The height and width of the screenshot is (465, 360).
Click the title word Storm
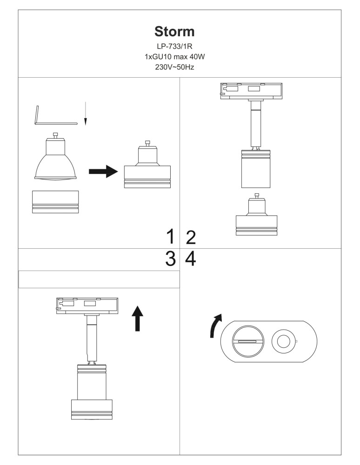(x=174, y=32)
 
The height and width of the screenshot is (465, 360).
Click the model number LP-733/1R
(x=175, y=46)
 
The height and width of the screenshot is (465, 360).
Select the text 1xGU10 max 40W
(x=175, y=57)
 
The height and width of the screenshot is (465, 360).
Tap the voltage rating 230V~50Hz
(x=175, y=67)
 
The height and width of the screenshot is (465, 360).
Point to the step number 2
(x=191, y=237)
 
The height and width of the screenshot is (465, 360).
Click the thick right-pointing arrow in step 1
(x=103, y=172)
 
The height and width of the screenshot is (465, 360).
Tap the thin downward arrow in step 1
(x=86, y=113)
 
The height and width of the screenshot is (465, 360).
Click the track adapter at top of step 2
(x=251, y=91)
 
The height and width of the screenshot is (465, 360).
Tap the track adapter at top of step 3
(x=87, y=306)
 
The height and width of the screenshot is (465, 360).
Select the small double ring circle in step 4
(x=284, y=341)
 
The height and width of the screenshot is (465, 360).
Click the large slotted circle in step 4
(x=247, y=341)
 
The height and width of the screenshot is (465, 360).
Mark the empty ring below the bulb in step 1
(x=55, y=202)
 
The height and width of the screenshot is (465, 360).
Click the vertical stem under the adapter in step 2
(x=256, y=124)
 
